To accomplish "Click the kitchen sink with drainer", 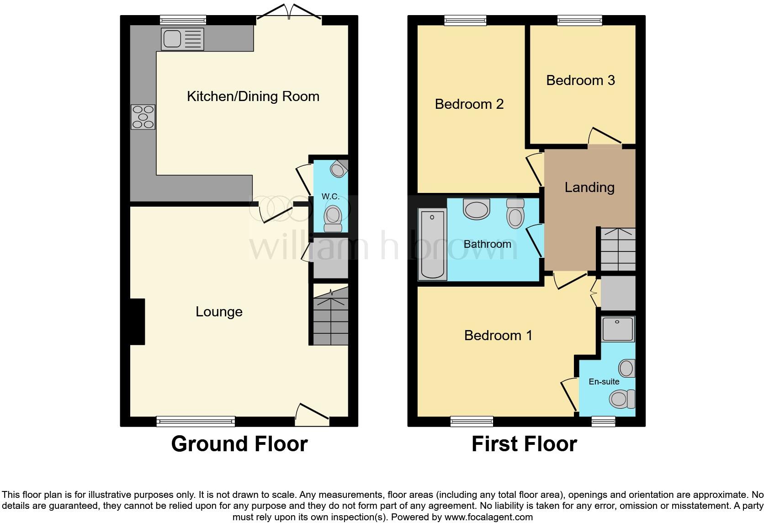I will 182,39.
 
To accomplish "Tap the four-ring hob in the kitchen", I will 143,117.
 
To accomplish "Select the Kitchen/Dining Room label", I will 253,96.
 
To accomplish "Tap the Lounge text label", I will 219,312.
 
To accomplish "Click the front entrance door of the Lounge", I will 312,414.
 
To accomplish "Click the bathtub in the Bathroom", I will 432,244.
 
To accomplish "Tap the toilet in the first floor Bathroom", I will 515,213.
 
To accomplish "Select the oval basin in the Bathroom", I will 477,209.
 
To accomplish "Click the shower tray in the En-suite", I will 618,329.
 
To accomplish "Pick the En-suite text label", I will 604,382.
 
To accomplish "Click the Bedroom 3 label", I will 580,80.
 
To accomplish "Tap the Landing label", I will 589,187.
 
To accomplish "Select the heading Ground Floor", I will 239,444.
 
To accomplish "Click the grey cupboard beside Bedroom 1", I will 618,293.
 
